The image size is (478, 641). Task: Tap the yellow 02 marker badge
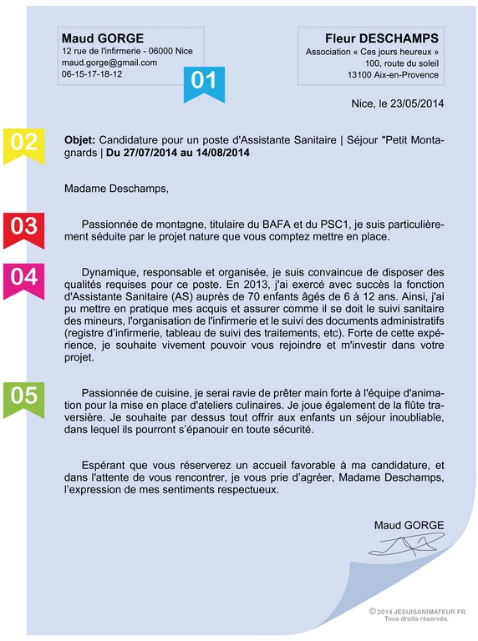[x=23, y=142]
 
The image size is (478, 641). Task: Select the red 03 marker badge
[x=23, y=226]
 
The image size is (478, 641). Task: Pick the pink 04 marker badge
[x=23, y=277]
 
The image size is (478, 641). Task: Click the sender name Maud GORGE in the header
[x=103, y=38]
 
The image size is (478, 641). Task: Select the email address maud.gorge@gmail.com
[x=109, y=63]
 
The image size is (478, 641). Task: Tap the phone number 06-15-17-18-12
[x=92, y=74]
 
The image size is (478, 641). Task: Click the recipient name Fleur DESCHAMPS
[x=382, y=38]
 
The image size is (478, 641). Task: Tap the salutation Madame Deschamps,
[x=116, y=189]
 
